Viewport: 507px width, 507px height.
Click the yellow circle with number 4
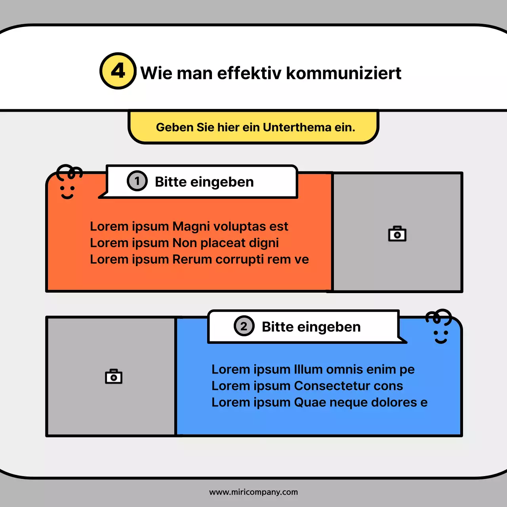click(x=118, y=71)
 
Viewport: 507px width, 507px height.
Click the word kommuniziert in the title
click(x=343, y=73)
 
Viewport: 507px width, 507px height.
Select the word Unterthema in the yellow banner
click(x=297, y=127)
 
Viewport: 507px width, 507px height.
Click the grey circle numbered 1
click(x=137, y=181)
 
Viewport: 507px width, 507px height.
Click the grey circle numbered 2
click(x=244, y=326)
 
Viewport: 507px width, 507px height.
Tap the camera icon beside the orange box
click(x=397, y=234)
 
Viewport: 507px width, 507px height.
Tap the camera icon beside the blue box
click(x=114, y=376)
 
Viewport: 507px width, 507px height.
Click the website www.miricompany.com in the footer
click(x=253, y=492)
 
